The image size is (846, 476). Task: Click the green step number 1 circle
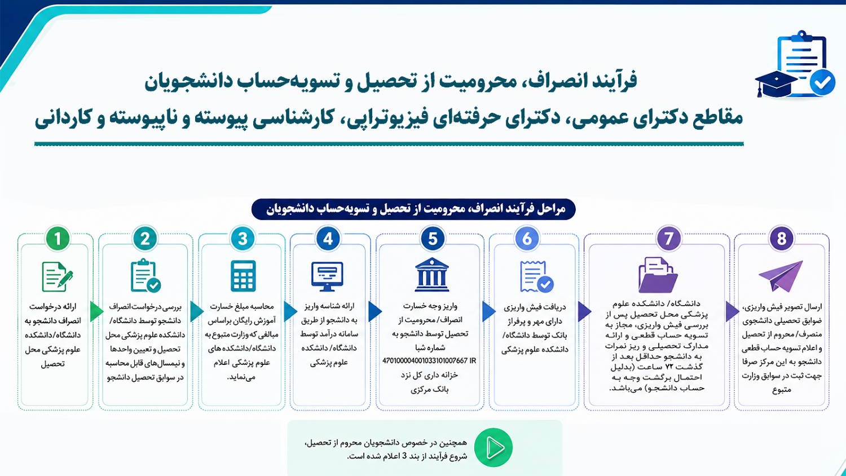[58, 239]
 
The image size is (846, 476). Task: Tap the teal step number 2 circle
[145, 239]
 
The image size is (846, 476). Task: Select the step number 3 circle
[243, 239]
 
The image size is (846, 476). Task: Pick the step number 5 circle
[433, 239]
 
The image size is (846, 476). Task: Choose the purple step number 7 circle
[669, 239]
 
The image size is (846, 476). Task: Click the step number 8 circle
[781, 239]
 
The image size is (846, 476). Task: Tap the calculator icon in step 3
[243, 276]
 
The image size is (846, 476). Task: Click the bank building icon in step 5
[432, 275]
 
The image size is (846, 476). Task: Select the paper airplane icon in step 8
[781, 276]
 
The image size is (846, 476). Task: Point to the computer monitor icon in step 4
[328, 276]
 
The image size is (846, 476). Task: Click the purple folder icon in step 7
[658, 275]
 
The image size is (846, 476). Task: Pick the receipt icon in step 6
[536, 277]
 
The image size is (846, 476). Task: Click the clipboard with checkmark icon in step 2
[146, 275]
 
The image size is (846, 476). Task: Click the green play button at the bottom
[493, 447]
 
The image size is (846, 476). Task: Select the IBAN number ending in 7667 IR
[429, 361]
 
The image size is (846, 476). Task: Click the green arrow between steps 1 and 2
[96, 311]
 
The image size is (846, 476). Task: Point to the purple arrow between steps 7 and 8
[732, 311]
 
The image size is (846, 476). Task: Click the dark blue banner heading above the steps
[413, 209]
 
